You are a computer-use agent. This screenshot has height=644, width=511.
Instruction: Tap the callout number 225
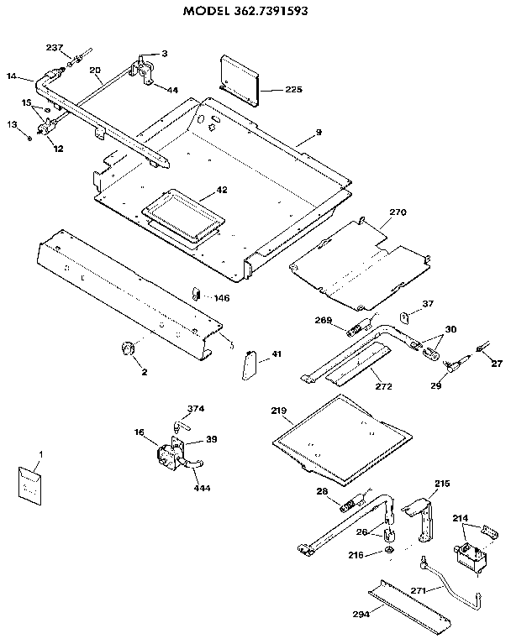click(x=292, y=89)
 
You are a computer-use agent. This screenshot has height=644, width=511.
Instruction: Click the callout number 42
click(x=222, y=190)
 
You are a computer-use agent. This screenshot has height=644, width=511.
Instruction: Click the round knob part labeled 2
click(x=129, y=348)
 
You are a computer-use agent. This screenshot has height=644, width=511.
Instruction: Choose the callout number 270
click(x=397, y=213)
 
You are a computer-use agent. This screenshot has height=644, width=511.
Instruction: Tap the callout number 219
click(x=280, y=411)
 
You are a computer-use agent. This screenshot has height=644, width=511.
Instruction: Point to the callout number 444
click(x=202, y=488)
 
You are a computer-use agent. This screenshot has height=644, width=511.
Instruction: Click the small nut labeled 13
click(x=29, y=137)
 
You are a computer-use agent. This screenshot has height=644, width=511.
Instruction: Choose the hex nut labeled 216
click(x=390, y=551)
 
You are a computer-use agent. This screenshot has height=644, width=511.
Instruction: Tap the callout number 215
click(x=443, y=484)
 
